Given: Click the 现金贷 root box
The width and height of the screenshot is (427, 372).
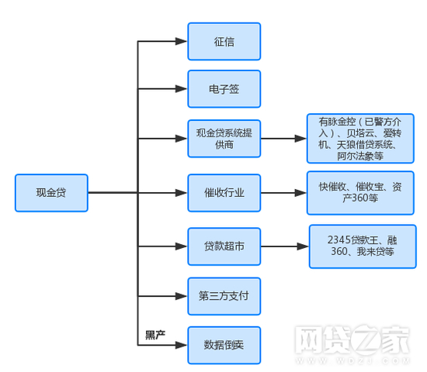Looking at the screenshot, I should click(x=51, y=192).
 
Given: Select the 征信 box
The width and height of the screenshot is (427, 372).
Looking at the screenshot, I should click(x=224, y=41).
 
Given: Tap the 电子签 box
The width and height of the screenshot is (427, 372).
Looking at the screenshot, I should click(x=224, y=89).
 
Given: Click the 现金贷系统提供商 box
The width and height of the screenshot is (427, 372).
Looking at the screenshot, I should click(x=224, y=139).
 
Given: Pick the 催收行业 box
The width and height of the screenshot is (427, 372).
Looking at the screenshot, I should click(x=224, y=193).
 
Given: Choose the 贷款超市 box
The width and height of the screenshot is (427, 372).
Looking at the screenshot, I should click(x=224, y=246).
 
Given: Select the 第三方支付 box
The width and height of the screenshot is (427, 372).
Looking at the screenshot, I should click(x=224, y=296).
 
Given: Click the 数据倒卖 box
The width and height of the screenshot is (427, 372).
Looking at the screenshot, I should click(x=224, y=345).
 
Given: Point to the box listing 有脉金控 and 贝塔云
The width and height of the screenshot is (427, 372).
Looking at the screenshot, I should click(x=360, y=139).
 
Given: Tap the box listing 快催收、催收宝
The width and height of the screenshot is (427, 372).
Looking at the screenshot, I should click(x=360, y=193).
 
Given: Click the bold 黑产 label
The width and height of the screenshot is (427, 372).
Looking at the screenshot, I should click(x=155, y=335).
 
